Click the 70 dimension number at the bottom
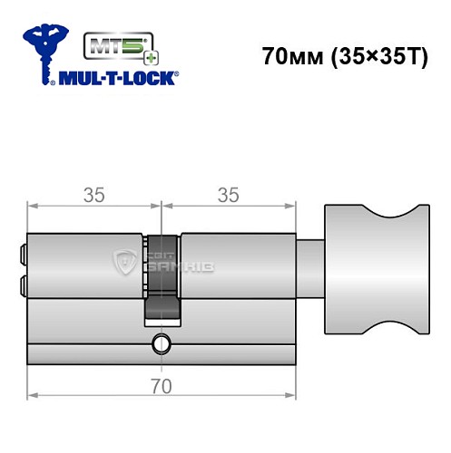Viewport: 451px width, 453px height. pos(162,383)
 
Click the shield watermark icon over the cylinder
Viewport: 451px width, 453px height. pos(123,262)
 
